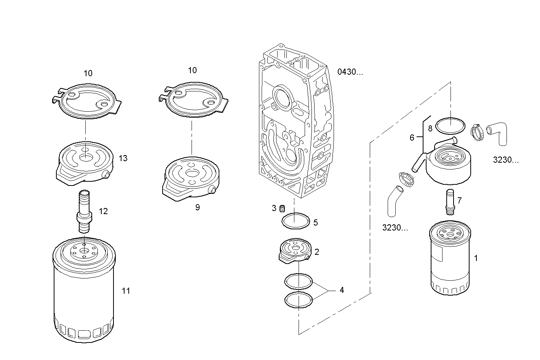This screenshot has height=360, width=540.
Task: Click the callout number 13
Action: tap(123, 158)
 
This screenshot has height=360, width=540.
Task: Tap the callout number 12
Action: tap(103, 211)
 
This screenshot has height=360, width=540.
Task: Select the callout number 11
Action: tap(126, 291)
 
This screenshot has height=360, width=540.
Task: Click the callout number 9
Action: tap(197, 208)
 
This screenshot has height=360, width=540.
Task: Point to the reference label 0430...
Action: tap(350, 72)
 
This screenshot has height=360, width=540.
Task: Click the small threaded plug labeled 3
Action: tap(283, 208)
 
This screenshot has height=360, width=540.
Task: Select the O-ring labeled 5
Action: tap(296, 221)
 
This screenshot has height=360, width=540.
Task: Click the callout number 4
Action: tap(342, 290)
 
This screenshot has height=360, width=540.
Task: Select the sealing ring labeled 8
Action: tap(450, 126)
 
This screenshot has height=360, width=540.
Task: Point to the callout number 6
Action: tap(412, 138)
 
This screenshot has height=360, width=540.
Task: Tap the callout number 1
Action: tap(476, 258)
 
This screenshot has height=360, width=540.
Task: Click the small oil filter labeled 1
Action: tap(450, 259)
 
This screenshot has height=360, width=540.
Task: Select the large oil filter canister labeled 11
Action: tap(84, 293)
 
